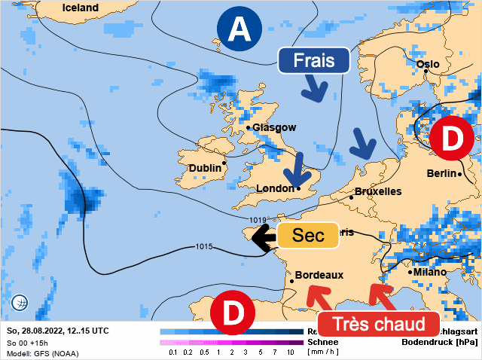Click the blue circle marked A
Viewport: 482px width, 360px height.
tap(239, 29)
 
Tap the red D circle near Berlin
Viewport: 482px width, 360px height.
tap(451, 139)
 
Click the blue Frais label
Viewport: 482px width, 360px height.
tap(314, 61)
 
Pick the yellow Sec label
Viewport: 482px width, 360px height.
tap(307, 235)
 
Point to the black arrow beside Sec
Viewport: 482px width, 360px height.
tap(263, 238)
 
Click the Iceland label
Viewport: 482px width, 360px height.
tap(81, 8)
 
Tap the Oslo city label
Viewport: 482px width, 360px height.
tap(427, 65)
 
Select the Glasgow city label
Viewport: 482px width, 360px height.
tap(274, 128)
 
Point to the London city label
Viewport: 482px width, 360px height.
tap(275, 188)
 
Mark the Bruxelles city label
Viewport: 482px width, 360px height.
tap(377, 191)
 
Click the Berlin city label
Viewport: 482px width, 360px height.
tap(442, 174)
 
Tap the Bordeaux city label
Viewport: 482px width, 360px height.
tap(319, 276)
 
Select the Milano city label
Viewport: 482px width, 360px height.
tap(429, 272)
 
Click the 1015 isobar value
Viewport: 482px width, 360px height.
tap(204, 246)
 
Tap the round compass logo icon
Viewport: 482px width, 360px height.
tap(20, 303)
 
